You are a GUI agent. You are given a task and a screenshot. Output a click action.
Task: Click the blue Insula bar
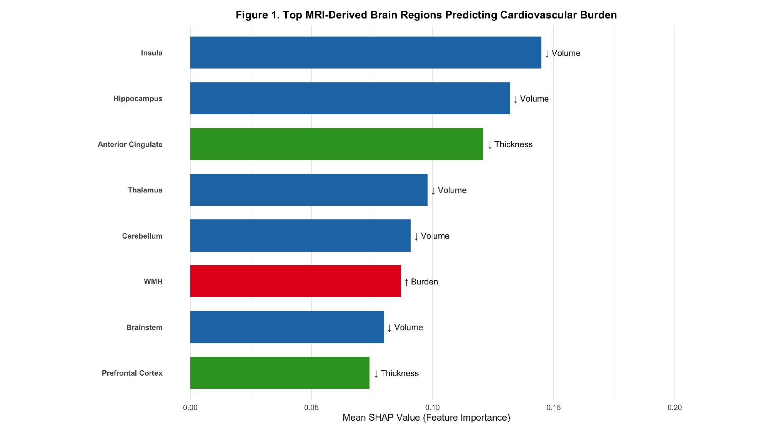pyautogui.click(x=365, y=53)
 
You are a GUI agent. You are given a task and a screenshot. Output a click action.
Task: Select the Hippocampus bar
pyautogui.click(x=350, y=99)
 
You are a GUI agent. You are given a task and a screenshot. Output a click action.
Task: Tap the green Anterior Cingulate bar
pyautogui.click(x=336, y=144)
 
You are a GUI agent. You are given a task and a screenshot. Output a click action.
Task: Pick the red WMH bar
pyautogui.click(x=295, y=281)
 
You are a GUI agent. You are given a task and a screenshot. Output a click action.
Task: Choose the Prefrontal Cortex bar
pyautogui.click(x=280, y=373)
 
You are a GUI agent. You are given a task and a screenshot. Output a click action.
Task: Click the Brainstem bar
pyautogui.click(x=287, y=327)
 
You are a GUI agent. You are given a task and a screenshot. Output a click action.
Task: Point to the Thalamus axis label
pyautogui.click(x=145, y=190)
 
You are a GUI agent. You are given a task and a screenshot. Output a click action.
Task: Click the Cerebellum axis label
pyautogui.click(x=142, y=236)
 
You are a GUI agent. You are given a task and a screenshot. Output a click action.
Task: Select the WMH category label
pyautogui.click(x=153, y=282)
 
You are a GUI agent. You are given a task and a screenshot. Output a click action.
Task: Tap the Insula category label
pyautogui.click(x=151, y=53)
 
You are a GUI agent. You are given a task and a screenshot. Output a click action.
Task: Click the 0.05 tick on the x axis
pyautogui.click(x=311, y=408)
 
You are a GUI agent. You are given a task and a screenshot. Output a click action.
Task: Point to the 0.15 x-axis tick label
pyautogui.click(x=554, y=408)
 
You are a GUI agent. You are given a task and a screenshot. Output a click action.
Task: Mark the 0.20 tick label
pyautogui.click(x=674, y=408)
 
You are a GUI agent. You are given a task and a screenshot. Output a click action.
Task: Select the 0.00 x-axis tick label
pyautogui.click(x=190, y=408)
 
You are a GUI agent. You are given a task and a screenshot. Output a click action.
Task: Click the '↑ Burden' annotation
pyautogui.click(x=421, y=282)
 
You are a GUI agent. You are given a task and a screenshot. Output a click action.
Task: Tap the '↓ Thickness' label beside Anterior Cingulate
pyautogui.click(x=510, y=145)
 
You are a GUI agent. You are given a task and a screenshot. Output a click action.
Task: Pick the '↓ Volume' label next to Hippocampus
pyautogui.click(x=531, y=99)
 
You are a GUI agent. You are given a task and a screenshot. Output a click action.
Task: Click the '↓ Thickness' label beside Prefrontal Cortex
pyautogui.click(x=396, y=373)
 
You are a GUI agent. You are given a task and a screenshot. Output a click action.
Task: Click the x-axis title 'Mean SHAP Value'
pyautogui.click(x=426, y=418)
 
